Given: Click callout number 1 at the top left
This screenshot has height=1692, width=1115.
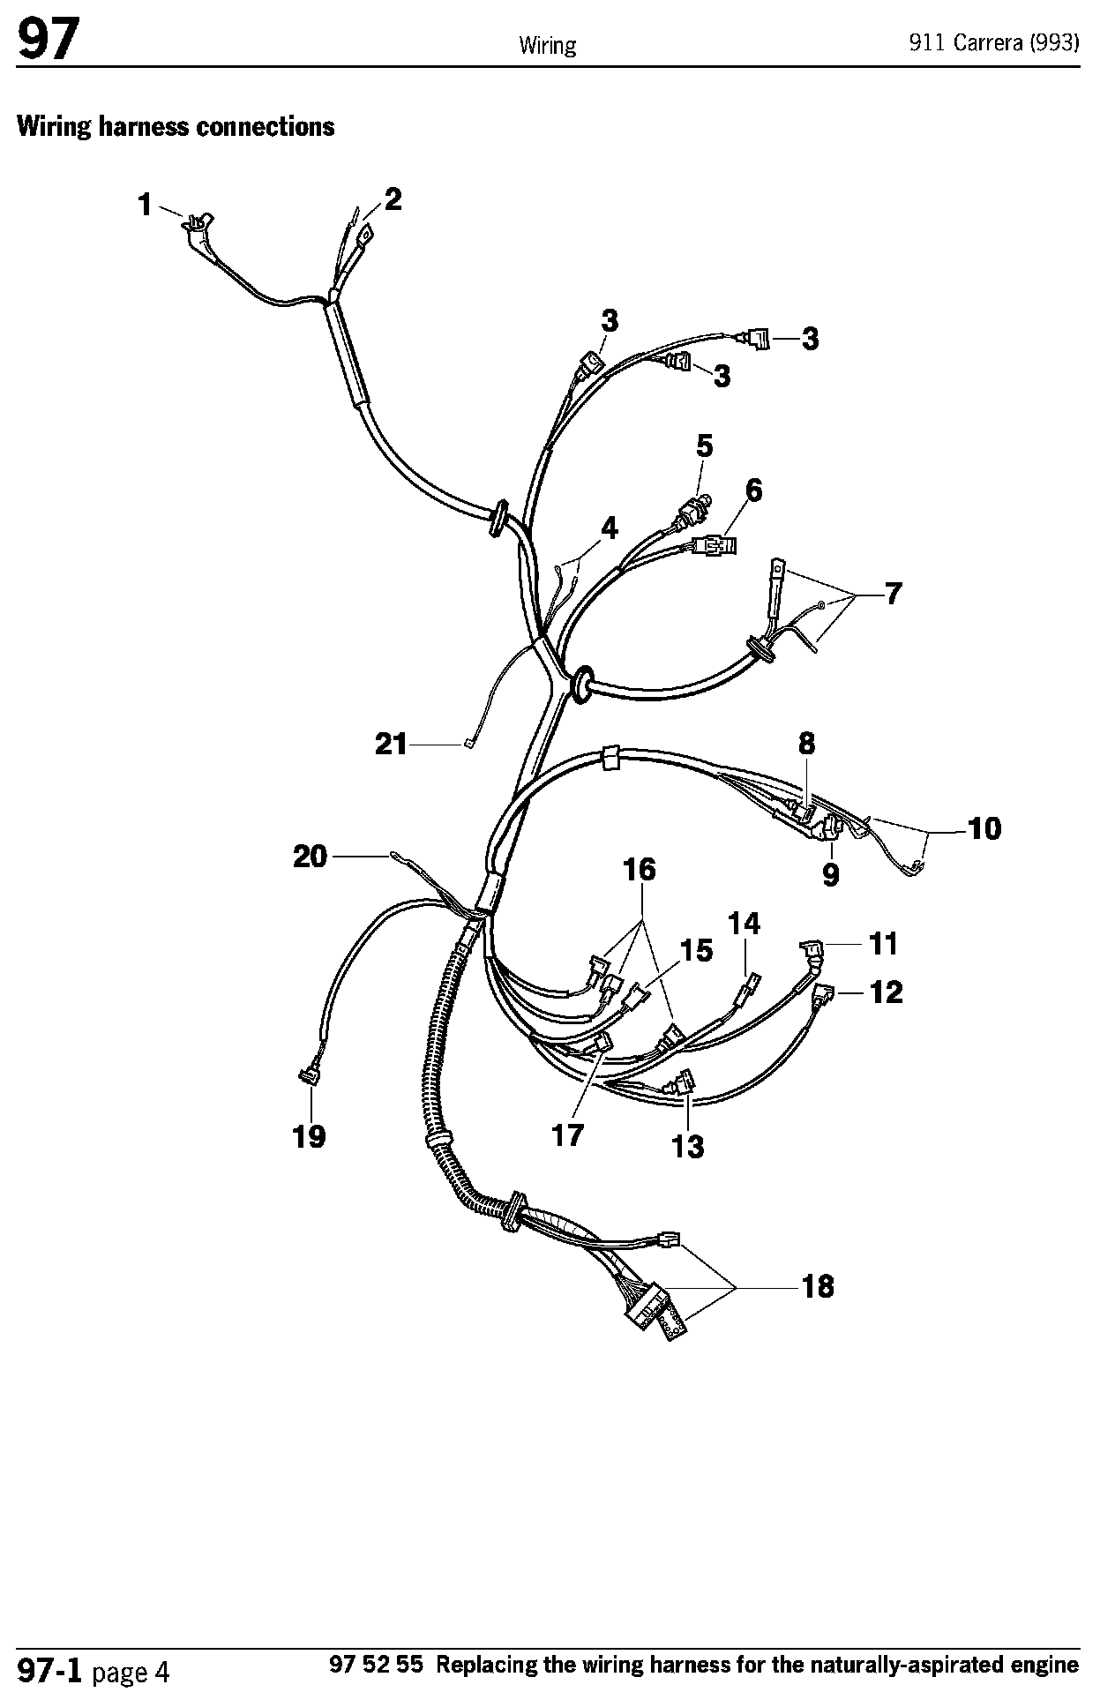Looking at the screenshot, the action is [x=145, y=206].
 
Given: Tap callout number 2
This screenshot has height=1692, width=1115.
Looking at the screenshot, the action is [x=393, y=199].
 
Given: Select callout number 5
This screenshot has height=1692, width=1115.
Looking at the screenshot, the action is [x=704, y=446].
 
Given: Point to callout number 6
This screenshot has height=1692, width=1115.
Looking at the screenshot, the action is [x=753, y=490].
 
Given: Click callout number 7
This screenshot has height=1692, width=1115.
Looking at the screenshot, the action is [x=893, y=594].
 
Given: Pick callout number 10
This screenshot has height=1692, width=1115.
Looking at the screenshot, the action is [x=984, y=828].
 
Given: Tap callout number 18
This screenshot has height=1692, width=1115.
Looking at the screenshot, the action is [x=818, y=1287].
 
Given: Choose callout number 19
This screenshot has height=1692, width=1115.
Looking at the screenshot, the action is [x=309, y=1136].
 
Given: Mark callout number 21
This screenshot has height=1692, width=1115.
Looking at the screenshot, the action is [x=392, y=745].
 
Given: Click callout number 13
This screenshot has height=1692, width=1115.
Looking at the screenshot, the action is [x=688, y=1146].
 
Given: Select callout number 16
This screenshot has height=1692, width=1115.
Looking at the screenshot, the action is [x=640, y=870].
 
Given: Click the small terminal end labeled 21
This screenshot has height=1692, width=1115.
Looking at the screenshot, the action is [x=468, y=745].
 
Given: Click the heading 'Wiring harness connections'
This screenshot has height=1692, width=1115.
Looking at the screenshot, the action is [x=176, y=127].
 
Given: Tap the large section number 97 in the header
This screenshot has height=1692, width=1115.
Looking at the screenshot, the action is [x=48, y=41].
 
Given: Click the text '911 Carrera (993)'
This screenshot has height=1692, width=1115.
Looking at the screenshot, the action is [x=994, y=43].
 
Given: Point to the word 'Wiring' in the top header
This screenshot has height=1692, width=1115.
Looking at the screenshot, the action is [x=547, y=45].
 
